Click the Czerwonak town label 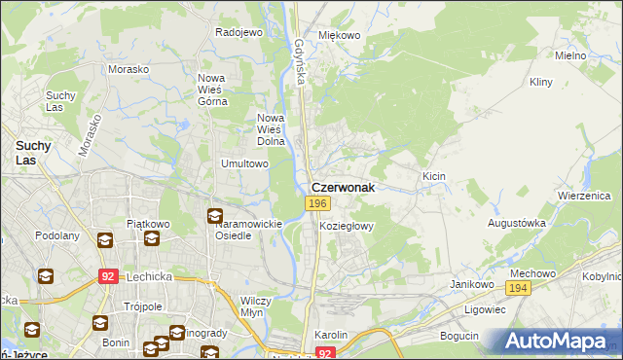343,186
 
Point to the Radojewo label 239,32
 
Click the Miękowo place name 340,35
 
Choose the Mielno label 570,55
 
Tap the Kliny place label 541,83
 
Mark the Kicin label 433,175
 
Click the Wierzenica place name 583,195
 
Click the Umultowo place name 244,163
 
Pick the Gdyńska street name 301,60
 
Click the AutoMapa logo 559,341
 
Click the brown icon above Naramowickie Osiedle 214,216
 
